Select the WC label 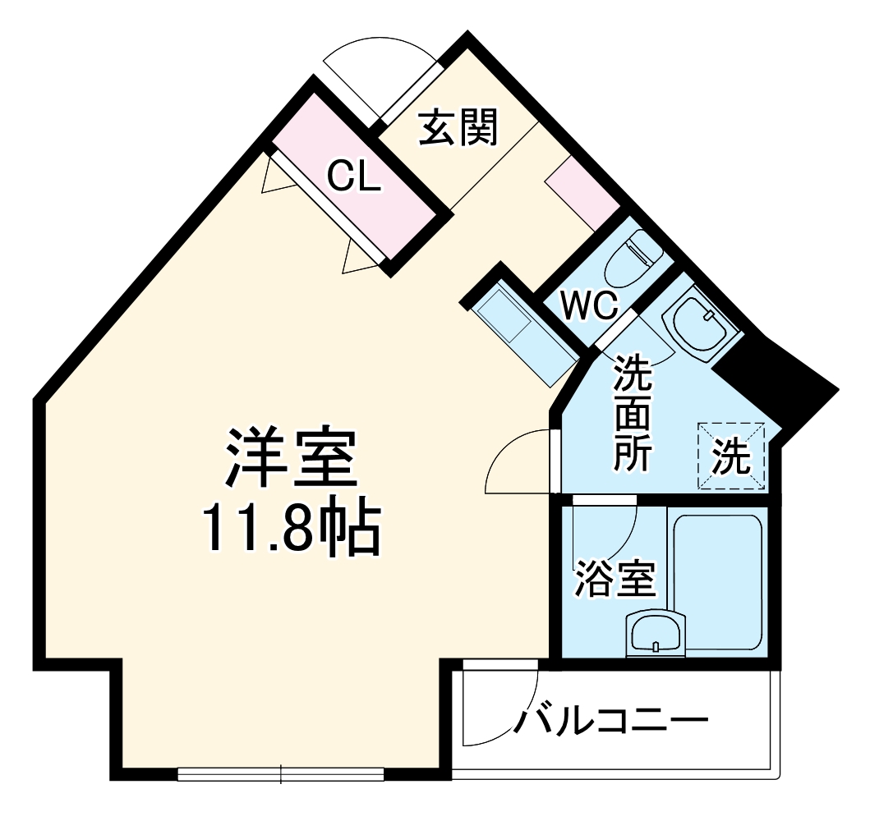click(589, 306)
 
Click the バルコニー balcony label click(612, 722)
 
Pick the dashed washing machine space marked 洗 click(731, 456)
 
